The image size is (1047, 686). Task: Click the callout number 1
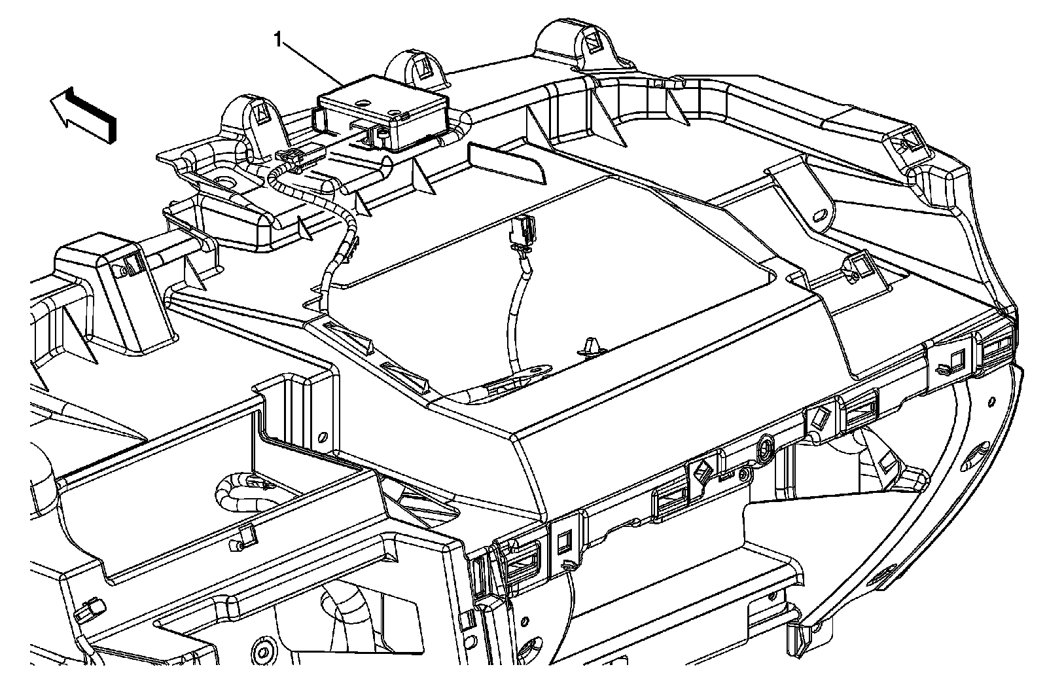pos(279,41)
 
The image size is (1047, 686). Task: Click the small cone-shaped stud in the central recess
pos(590,347)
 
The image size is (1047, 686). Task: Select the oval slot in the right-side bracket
pos(821,215)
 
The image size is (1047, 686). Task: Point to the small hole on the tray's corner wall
pos(321,437)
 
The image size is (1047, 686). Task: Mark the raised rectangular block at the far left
pos(98,262)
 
